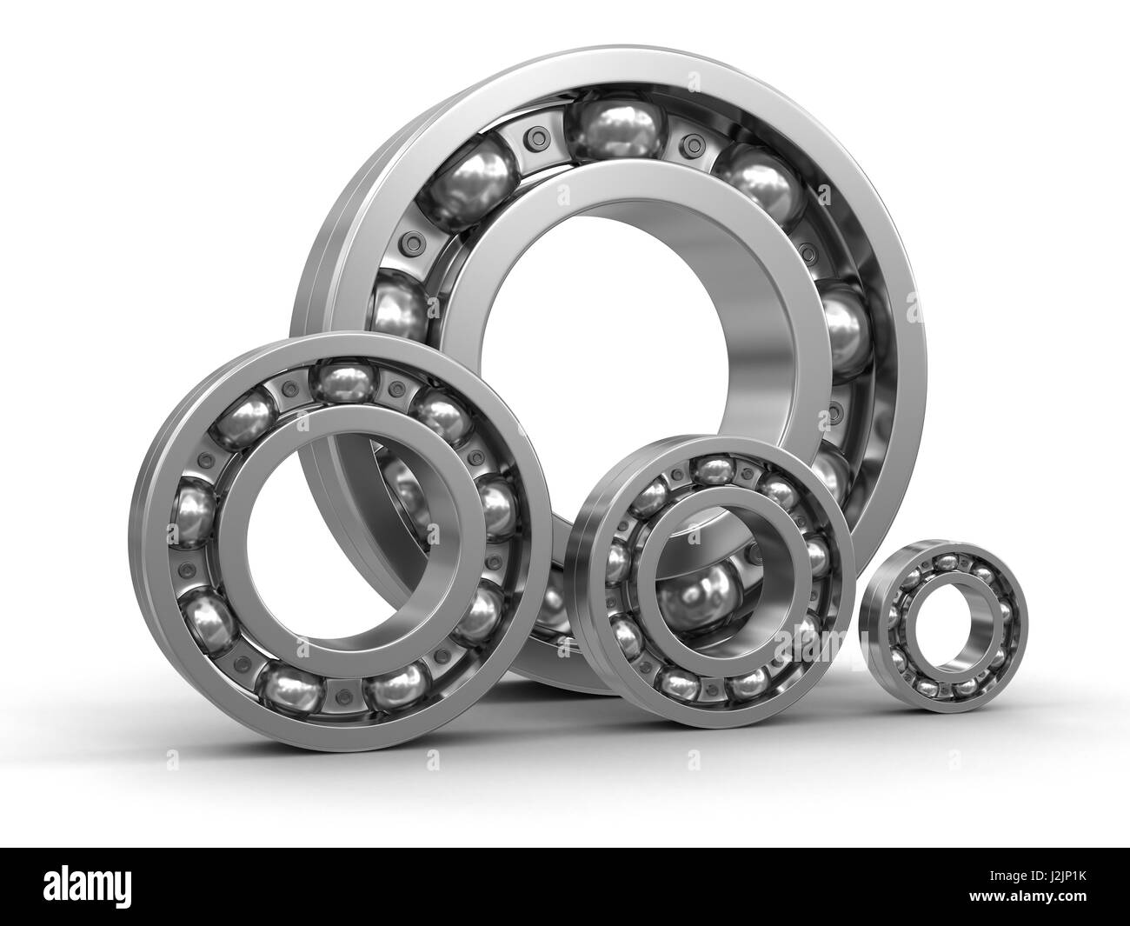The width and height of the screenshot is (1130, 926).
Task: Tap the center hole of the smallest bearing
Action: click(941, 626)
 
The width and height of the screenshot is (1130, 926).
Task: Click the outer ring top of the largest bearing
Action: click(608, 65)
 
